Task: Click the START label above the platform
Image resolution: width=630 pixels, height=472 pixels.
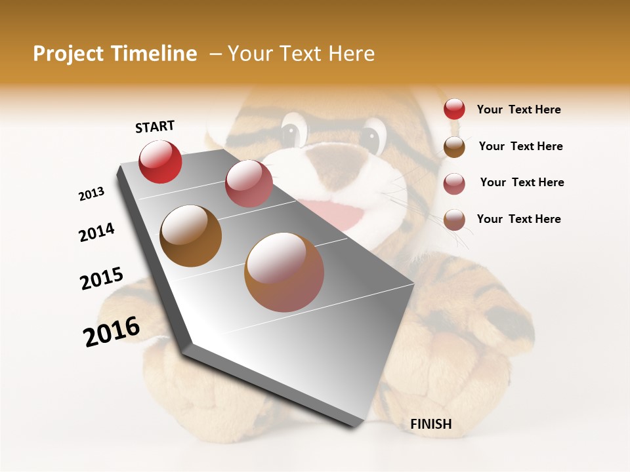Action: pyautogui.click(x=155, y=127)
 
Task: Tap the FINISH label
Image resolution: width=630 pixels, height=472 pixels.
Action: pyautogui.click(x=431, y=424)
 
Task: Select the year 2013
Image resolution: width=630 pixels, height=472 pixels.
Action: pyautogui.click(x=91, y=194)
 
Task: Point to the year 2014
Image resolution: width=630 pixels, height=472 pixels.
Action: pyautogui.click(x=96, y=233)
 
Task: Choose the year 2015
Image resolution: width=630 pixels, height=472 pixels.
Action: pyautogui.click(x=102, y=279)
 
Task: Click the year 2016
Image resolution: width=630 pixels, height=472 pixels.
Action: pyautogui.click(x=112, y=332)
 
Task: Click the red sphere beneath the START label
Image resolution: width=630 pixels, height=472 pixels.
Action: pyautogui.click(x=160, y=162)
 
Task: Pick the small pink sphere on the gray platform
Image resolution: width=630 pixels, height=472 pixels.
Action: pyautogui.click(x=249, y=184)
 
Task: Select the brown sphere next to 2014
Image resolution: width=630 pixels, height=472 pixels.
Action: pyautogui.click(x=191, y=235)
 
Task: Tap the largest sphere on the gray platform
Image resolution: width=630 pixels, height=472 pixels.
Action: pyautogui.click(x=284, y=272)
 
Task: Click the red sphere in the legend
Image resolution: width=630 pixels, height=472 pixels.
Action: pyautogui.click(x=454, y=109)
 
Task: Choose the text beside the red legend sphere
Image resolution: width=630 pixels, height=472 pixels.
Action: pyautogui.click(x=518, y=110)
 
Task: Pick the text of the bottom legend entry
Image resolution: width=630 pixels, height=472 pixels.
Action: pyautogui.click(x=518, y=219)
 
